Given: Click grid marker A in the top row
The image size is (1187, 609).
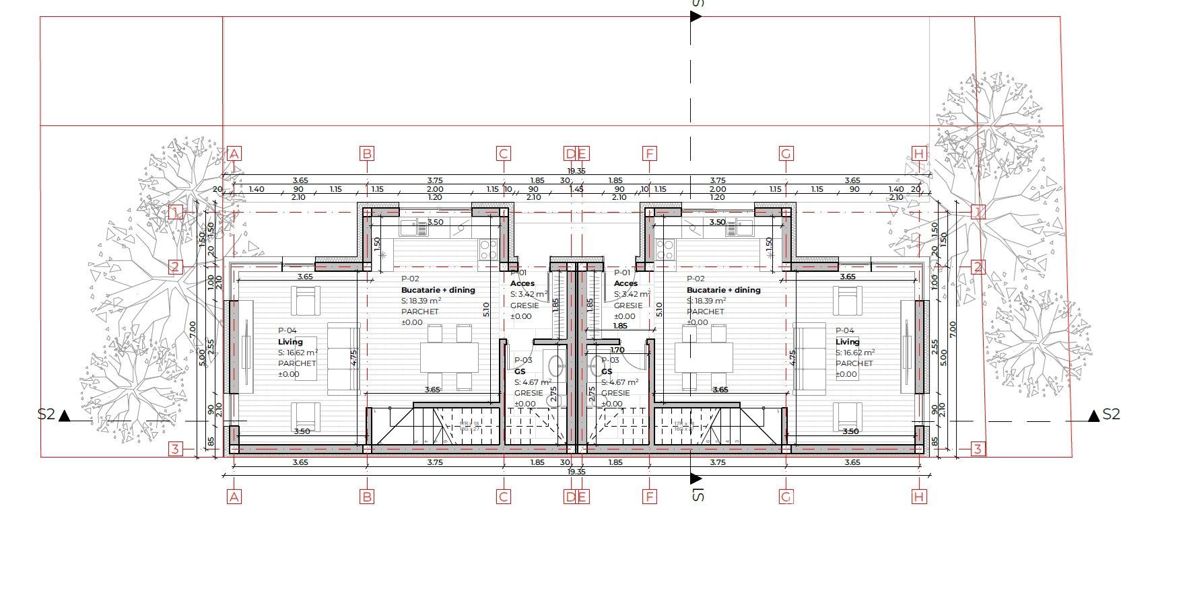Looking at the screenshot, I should click(x=234, y=153).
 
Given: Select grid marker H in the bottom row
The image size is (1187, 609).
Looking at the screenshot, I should click(x=919, y=497).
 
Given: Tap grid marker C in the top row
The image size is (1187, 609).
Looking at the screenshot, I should click(x=503, y=153).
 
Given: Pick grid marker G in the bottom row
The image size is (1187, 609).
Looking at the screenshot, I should click(x=786, y=497).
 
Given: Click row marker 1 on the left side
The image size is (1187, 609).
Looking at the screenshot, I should click(x=175, y=213).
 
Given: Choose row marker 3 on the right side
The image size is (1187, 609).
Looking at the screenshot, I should click(x=978, y=448).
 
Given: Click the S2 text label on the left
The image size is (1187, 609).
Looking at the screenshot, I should click(x=46, y=415).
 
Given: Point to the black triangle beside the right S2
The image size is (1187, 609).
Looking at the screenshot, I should click(x=1094, y=415).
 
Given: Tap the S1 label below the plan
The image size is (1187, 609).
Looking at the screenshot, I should click(x=698, y=496).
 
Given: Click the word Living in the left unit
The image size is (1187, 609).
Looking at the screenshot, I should click(x=290, y=342).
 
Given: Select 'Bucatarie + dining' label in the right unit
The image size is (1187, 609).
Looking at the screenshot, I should click(x=723, y=290).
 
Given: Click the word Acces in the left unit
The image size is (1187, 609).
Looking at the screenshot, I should click(x=522, y=283).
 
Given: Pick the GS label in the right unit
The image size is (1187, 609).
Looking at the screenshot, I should click(x=607, y=371).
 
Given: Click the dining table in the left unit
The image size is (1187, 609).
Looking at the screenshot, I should click(x=449, y=357).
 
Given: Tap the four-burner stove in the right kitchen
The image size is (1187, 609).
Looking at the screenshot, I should click(x=665, y=250).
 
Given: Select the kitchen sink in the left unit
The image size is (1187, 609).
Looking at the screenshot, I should click(x=413, y=229).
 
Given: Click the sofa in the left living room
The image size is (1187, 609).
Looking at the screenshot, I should click(x=343, y=358).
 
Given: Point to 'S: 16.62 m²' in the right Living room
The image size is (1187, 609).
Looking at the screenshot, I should click(x=855, y=353).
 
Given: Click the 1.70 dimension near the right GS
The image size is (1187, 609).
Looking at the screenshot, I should click(x=617, y=350).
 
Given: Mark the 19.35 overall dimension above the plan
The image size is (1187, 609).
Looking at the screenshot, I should click(x=576, y=171).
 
